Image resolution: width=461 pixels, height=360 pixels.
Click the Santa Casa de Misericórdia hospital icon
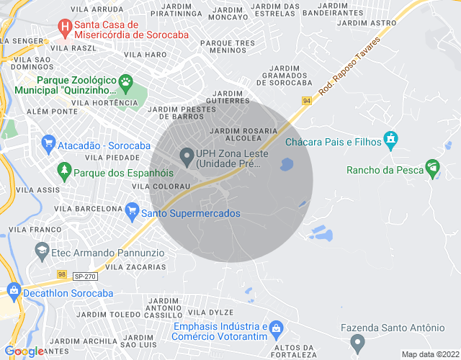coord(66,28)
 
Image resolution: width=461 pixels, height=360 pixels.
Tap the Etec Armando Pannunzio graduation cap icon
coord(41,251)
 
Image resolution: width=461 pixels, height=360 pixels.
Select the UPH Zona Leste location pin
coord(187,156)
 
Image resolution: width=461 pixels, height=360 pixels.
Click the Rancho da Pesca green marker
coord(432,168)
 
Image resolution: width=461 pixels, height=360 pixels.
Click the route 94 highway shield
coord(308,102)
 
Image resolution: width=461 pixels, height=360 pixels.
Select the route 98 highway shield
coord(63,275)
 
